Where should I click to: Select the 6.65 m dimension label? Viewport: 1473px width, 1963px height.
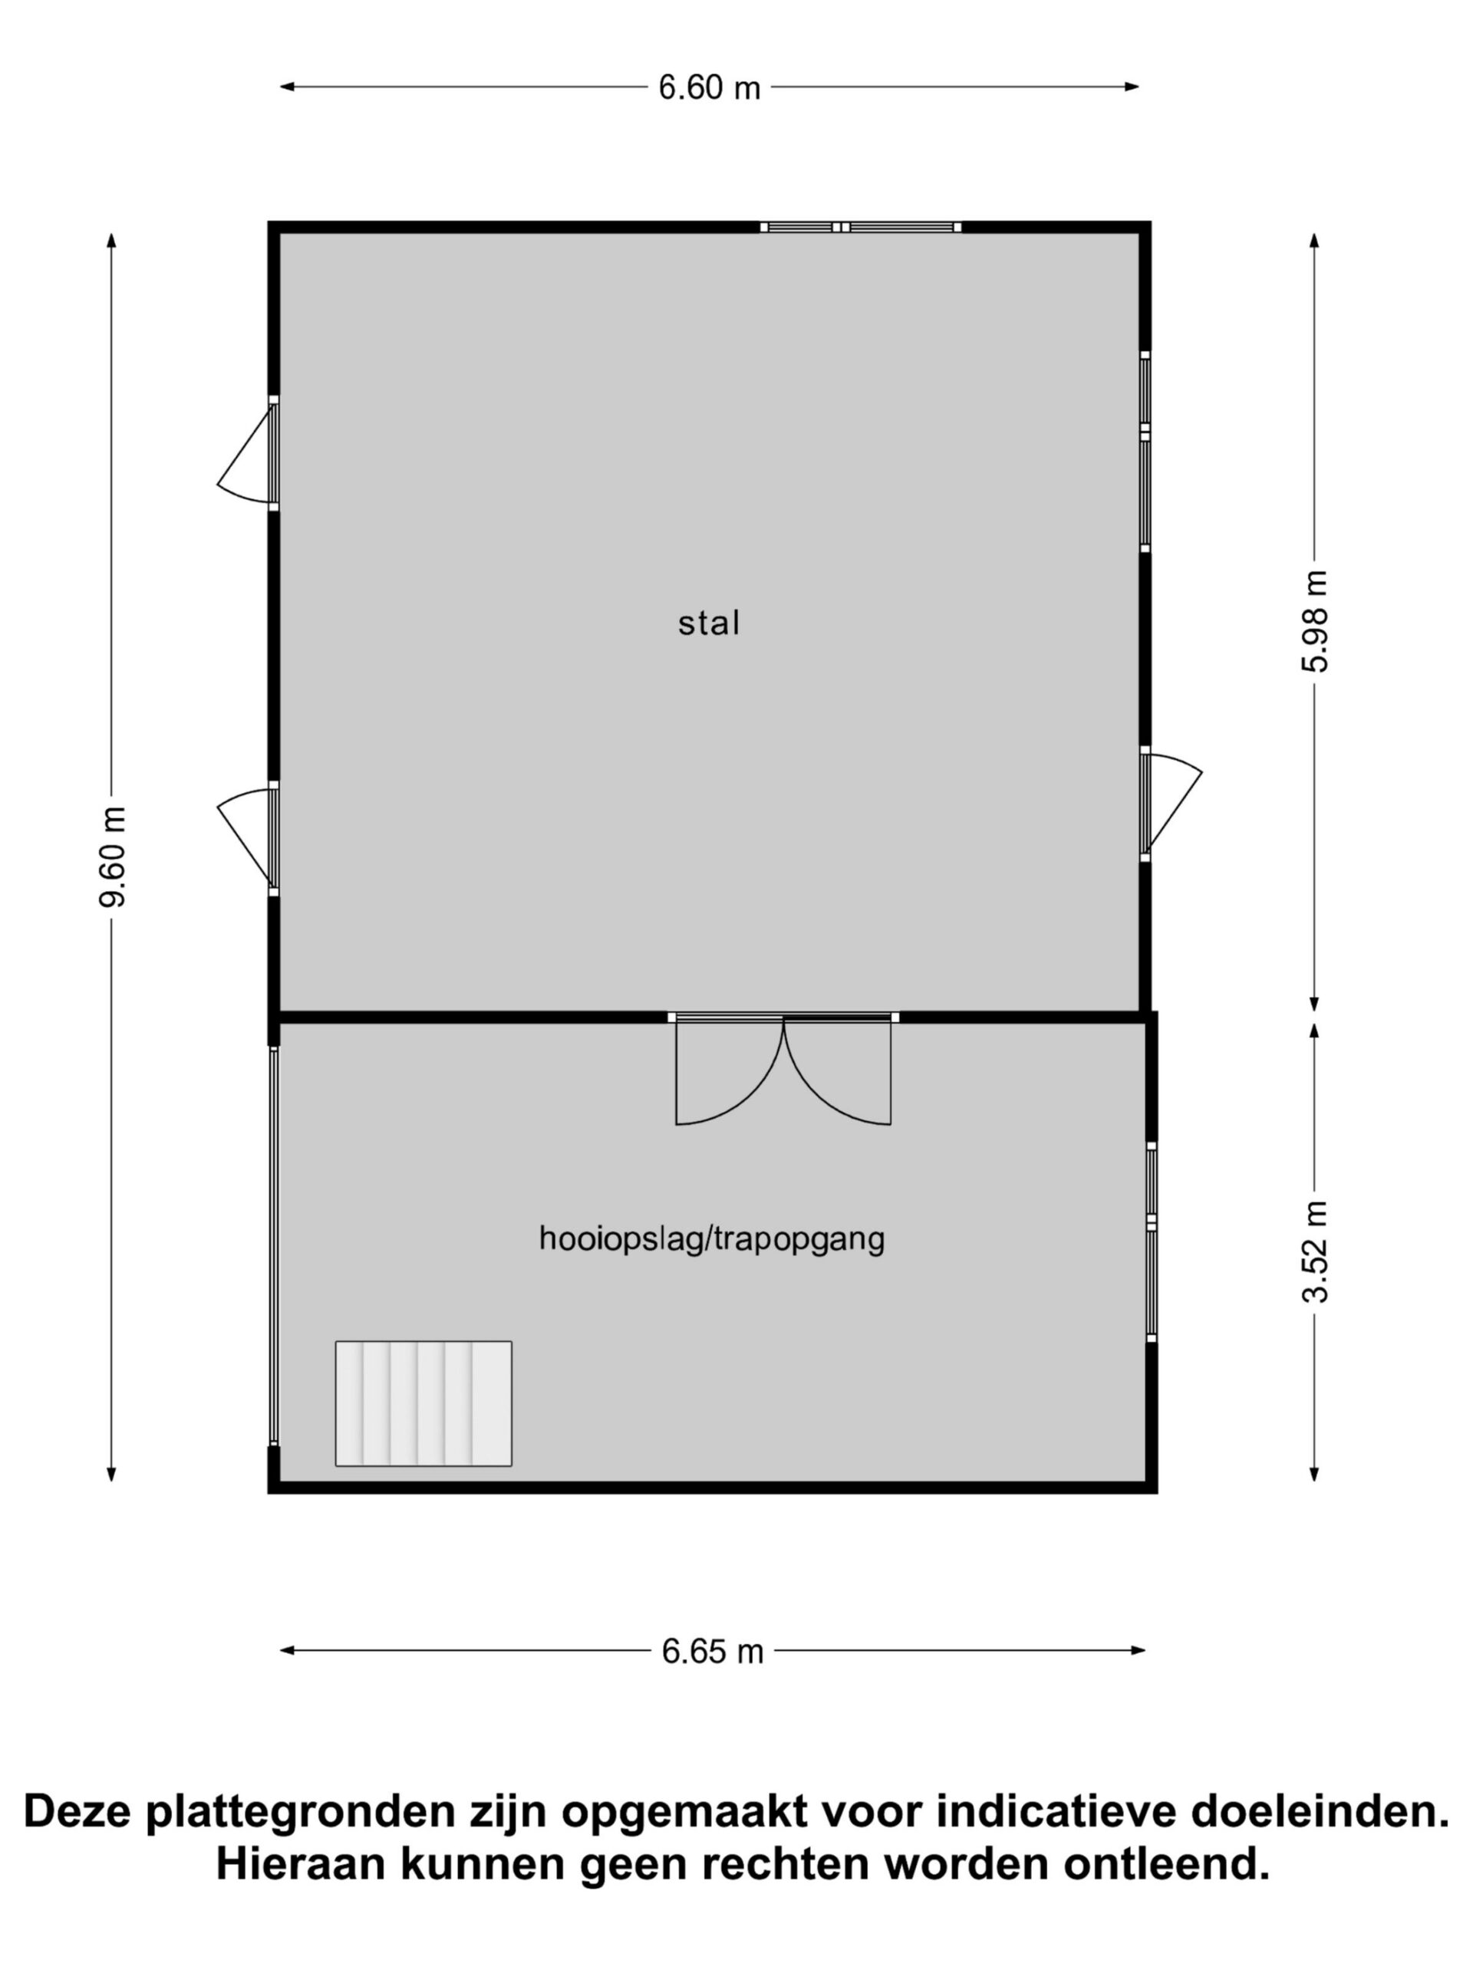coord(712,1651)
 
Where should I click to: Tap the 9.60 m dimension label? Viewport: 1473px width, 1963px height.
coord(113,857)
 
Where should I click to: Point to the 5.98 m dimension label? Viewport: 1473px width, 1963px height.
coord(1315,621)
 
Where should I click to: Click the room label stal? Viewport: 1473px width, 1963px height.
coord(709,623)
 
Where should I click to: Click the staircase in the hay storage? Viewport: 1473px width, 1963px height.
coord(423,1403)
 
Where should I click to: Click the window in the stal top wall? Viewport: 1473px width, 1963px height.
coord(860,227)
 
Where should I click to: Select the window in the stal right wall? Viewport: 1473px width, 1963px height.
coord(1145,452)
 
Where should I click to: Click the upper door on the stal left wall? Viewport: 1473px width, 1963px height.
coord(247,453)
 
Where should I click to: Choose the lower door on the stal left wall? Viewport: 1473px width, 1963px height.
coord(247,839)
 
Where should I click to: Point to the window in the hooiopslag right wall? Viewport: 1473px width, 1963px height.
coord(1152,1243)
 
